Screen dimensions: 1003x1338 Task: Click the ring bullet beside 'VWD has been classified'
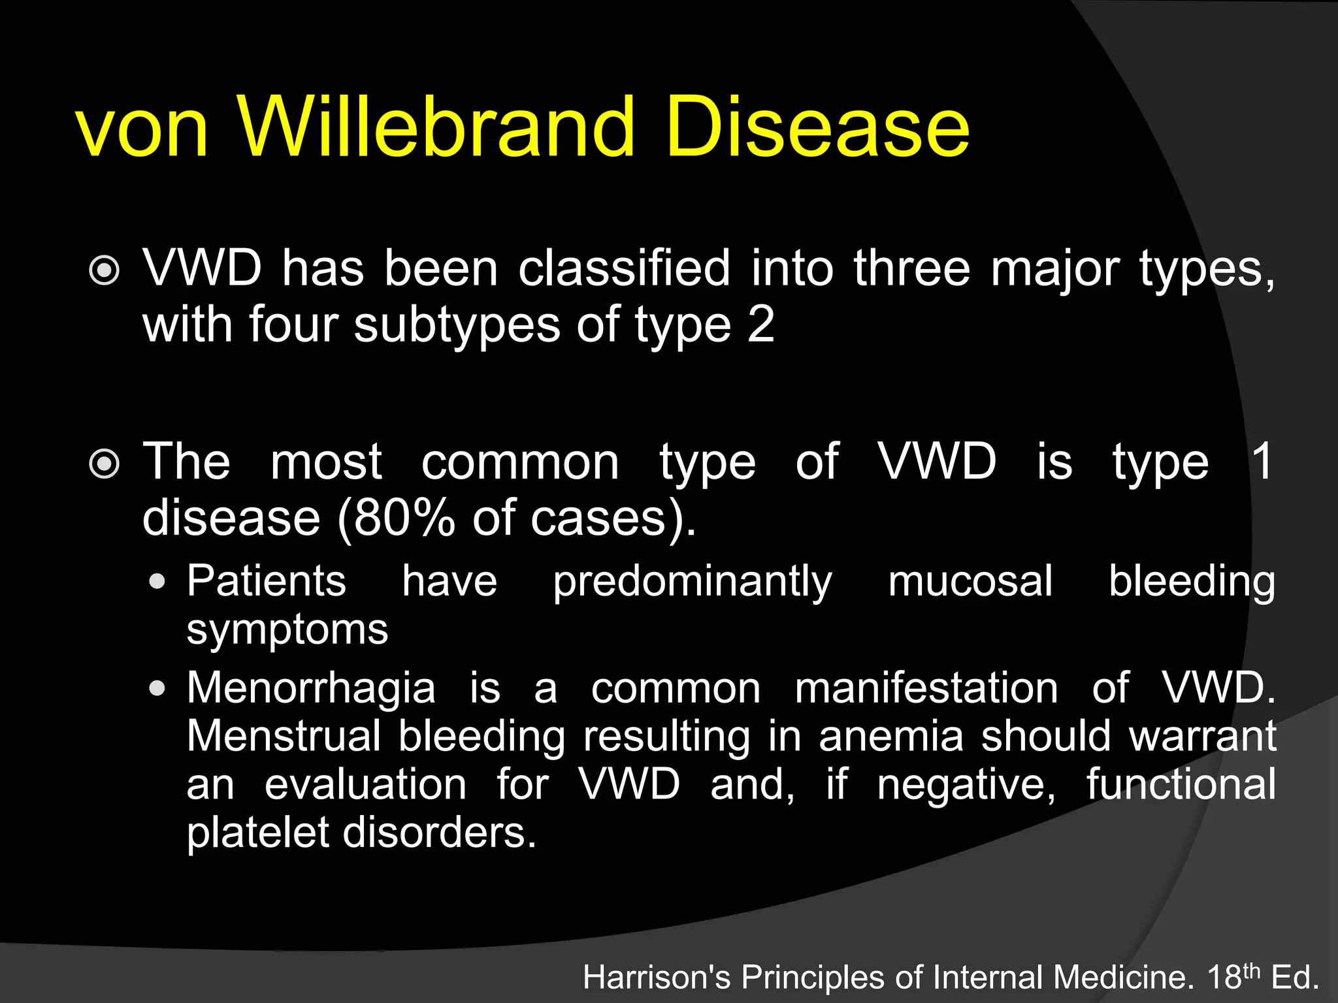[x=105, y=270]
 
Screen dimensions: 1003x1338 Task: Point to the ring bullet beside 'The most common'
[x=105, y=464]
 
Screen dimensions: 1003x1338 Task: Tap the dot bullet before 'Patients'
[x=157, y=581]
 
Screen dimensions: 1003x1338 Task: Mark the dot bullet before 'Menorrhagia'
[x=157, y=688]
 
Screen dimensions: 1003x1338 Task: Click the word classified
[x=624, y=268]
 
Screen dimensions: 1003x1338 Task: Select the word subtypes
[x=457, y=325]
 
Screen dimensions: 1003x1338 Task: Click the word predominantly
[x=693, y=581]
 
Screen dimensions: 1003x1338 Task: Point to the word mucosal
[x=970, y=581]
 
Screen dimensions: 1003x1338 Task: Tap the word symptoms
[x=287, y=630]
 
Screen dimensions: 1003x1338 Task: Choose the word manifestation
[x=926, y=688]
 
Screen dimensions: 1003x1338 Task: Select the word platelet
[x=258, y=833]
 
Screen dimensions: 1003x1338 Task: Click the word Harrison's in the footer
[x=657, y=978]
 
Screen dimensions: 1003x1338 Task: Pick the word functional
[x=1181, y=784]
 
